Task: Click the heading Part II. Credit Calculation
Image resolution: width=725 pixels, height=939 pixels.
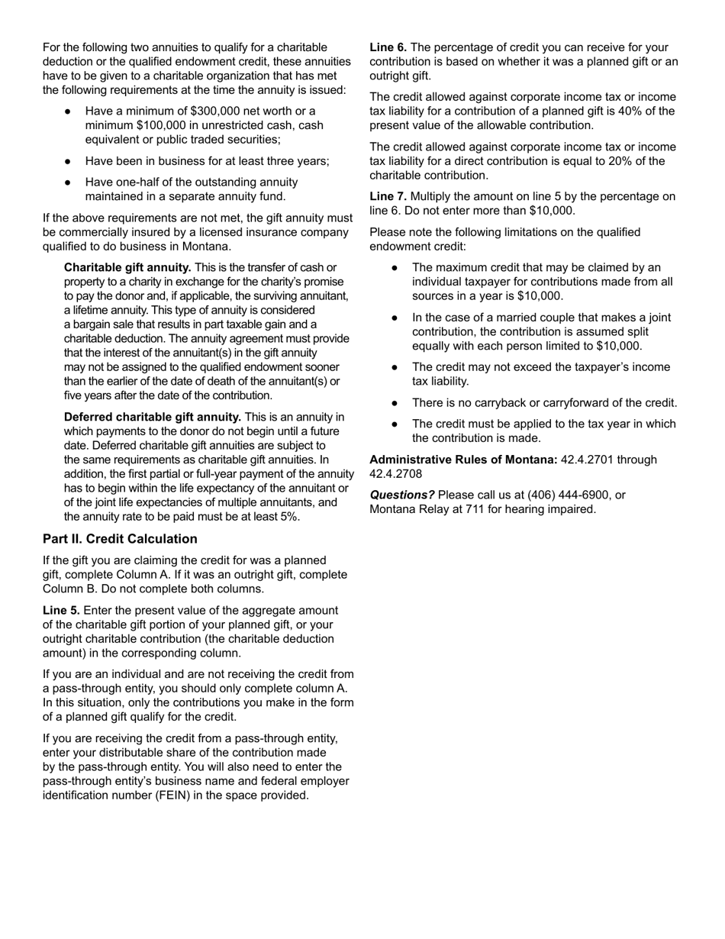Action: pyautogui.click(x=120, y=539)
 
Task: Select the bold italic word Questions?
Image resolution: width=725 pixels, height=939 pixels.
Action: pyautogui.click(x=402, y=495)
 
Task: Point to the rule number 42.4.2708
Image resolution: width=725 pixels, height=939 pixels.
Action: pyautogui.click(x=396, y=474)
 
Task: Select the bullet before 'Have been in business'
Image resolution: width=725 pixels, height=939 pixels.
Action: pyautogui.click(x=68, y=161)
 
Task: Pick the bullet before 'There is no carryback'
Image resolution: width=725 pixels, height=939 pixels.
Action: pyautogui.click(x=395, y=402)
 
